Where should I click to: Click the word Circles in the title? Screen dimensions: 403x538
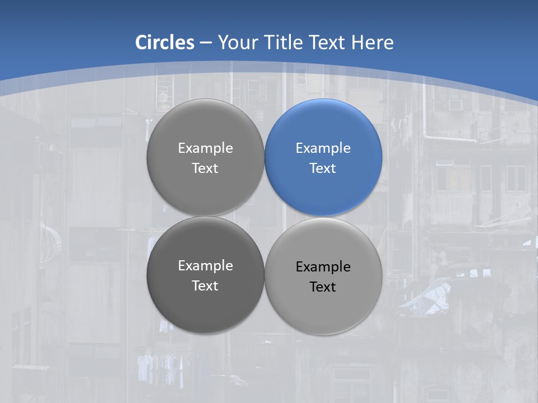click(165, 43)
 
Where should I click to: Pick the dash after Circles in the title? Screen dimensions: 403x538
click(206, 43)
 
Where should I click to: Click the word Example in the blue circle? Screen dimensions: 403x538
click(323, 148)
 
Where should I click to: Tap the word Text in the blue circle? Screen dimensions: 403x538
click(323, 168)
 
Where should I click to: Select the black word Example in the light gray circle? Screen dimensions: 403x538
click(323, 267)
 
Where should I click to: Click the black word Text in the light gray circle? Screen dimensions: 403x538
click(323, 287)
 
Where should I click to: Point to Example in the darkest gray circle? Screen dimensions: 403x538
click(205, 266)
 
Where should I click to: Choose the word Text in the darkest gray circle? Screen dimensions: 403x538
click(205, 286)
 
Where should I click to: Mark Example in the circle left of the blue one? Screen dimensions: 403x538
click(205, 148)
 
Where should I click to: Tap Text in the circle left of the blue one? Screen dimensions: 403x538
click(205, 168)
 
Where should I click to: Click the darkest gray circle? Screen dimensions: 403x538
click(205, 308)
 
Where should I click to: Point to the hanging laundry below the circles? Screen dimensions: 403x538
click(163, 367)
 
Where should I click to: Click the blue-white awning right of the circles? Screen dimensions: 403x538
click(429, 297)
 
